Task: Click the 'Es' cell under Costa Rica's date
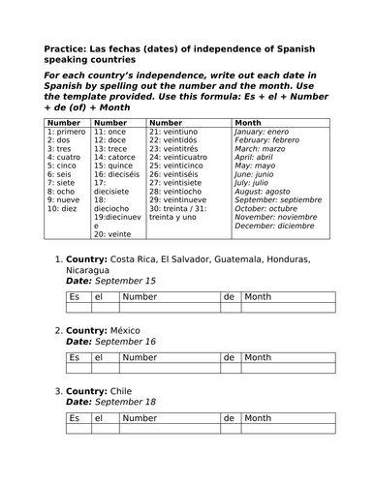pyautogui.click(x=74, y=297)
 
